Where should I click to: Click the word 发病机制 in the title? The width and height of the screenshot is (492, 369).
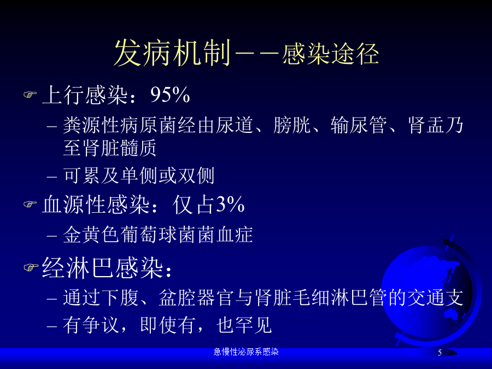pos(172,52)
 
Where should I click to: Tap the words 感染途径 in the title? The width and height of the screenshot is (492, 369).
pos(330,54)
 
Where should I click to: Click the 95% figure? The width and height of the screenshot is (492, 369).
pos(170,95)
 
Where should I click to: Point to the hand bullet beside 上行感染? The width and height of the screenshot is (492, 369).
pos(30,95)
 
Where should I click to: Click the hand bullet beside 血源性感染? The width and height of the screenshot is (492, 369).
pos(30,204)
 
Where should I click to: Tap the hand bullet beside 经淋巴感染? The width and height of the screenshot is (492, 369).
pos(31,267)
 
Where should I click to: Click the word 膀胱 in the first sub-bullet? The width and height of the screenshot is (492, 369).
pos(292,125)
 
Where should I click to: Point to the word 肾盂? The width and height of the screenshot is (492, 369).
pos(426,125)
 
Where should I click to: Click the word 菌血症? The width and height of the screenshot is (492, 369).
pos(225,235)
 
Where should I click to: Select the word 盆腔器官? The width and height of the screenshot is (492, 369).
pos(196,297)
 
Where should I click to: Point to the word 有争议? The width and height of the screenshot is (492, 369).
pos(91,325)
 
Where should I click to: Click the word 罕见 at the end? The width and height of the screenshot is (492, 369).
pos(254,325)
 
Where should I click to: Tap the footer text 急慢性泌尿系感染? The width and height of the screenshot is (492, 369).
pos(246,352)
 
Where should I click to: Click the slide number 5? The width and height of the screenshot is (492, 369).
pos(440,353)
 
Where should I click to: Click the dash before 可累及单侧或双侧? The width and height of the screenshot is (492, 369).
pos(52,177)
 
